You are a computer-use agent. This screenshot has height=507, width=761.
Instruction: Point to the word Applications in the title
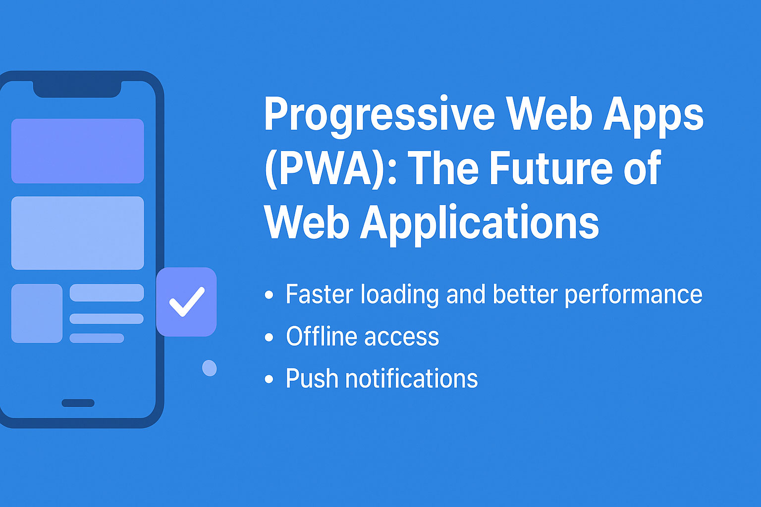click(x=480, y=223)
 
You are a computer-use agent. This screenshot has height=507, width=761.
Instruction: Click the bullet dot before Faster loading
click(x=269, y=295)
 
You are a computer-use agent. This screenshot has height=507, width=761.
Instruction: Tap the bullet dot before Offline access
click(x=269, y=337)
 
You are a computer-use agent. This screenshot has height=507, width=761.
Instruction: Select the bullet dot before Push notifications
click(x=269, y=379)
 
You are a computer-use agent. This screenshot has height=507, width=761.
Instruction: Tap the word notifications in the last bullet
click(x=412, y=378)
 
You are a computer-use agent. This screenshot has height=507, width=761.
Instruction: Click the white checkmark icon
click(x=187, y=302)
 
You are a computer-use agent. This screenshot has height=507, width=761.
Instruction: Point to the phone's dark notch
click(x=77, y=89)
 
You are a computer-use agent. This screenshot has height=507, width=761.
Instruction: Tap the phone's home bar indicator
click(x=78, y=403)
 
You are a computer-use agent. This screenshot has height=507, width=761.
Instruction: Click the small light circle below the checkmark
click(x=209, y=368)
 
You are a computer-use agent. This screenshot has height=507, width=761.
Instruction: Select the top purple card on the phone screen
click(x=77, y=151)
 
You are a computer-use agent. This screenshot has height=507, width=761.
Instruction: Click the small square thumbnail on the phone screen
click(x=37, y=313)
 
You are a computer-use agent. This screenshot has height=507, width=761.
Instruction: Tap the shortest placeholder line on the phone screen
click(x=97, y=338)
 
